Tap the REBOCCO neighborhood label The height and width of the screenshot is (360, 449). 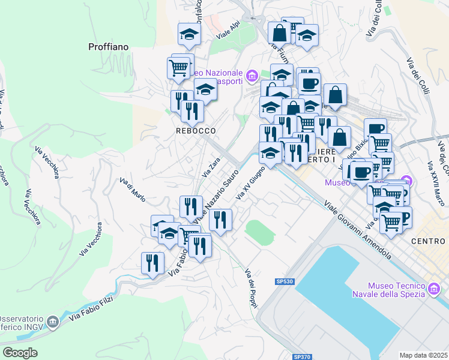click(x=196, y=130)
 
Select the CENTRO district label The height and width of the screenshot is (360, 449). click(x=429, y=241)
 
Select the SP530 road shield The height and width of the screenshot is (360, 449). click(x=285, y=281)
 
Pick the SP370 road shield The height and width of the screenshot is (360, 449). click(x=302, y=356)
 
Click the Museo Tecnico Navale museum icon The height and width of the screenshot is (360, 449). click(x=433, y=290)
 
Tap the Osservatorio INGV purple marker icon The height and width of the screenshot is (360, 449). click(x=53, y=323)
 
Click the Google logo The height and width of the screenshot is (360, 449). click(x=20, y=352)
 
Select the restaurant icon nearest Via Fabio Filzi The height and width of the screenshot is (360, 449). click(x=152, y=263)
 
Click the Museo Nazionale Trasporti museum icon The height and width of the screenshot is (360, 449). click(x=252, y=76)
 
